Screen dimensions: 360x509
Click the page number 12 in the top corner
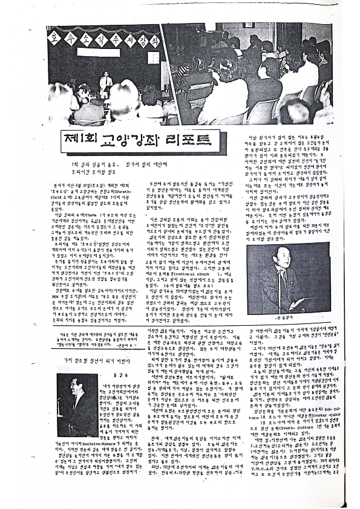click(x=47, y=26)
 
